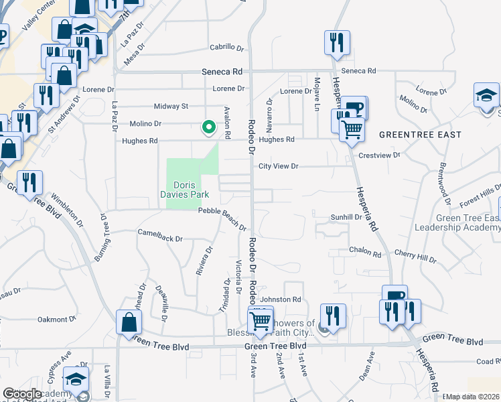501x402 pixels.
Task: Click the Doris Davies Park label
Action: (x=192, y=190)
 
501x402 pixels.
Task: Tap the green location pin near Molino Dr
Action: (x=209, y=125)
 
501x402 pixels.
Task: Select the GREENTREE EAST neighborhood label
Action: (x=420, y=135)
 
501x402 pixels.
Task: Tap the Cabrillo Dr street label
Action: (x=226, y=48)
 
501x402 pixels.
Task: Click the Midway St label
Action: (x=171, y=106)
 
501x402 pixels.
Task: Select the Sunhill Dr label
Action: (x=346, y=217)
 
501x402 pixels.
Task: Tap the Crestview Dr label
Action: (x=379, y=155)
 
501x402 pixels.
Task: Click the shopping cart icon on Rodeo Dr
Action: (x=260, y=320)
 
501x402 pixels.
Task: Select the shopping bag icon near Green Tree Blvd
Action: (x=128, y=323)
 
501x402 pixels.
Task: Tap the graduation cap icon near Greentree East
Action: (x=486, y=95)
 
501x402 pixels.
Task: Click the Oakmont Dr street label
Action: (x=55, y=320)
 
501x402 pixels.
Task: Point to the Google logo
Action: (x=23, y=394)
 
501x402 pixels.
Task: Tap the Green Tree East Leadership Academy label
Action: (x=457, y=222)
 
